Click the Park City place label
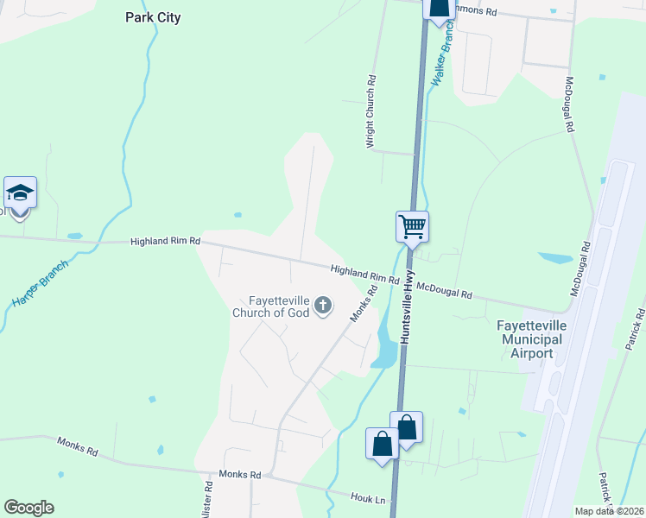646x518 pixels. pyautogui.click(x=153, y=17)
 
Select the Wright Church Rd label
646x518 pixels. pyautogui.click(x=371, y=111)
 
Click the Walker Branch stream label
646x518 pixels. pyautogui.click(x=442, y=53)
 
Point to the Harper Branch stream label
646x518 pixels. pyautogui.click(x=34, y=283)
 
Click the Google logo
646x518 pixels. pyautogui.click(x=28, y=508)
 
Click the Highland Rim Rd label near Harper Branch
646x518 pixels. pyautogui.click(x=165, y=242)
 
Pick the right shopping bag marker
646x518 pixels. pyautogui.click(x=407, y=427)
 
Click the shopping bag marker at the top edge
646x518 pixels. pyautogui.click(x=440, y=8)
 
